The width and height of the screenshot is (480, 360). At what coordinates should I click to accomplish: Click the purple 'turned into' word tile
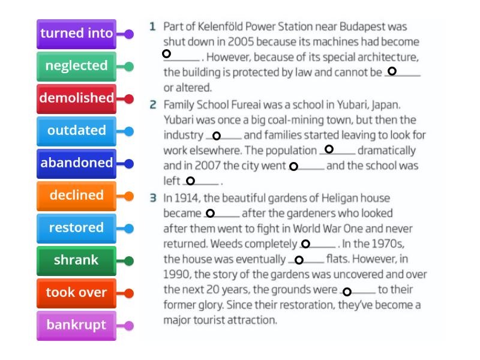pyautogui.click(x=77, y=34)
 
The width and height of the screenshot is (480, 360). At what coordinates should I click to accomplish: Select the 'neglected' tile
pyautogui.click(x=77, y=67)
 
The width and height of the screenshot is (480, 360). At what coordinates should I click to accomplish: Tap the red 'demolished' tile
pyautogui.click(x=77, y=99)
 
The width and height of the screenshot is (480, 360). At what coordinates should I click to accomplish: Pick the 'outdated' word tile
pyautogui.click(x=77, y=131)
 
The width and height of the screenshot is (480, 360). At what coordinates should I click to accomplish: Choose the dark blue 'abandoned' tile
pyautogui.click(x=77, y=164)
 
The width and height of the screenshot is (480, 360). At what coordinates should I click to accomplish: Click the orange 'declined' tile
pyautogui.click(x=77, y=196)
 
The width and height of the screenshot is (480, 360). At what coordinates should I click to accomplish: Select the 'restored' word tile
pyautogui.click(x=77, y=229)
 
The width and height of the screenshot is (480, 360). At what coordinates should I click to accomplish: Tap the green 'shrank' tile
pyautogui.click(x=77, y=261)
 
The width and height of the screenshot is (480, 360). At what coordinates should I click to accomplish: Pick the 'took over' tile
pyautogui.click(x=77, y=293)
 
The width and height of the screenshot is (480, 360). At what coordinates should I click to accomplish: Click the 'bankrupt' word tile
pyautogui.click(x=77, y=326)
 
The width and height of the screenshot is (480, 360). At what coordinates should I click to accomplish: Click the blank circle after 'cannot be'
pyautogui.click(x=392, y=71)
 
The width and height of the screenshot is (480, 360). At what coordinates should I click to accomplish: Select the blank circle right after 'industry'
pyautogui.click(x=217, y=136)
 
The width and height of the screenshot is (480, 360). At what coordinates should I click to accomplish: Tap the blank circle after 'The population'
pyautogui.click(x=329, y=149)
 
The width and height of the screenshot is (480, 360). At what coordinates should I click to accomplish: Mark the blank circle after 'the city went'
pyautogui.click(x=293, y=166)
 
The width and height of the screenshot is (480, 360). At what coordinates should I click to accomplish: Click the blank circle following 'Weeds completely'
pyautogui.click(x=305, y=244)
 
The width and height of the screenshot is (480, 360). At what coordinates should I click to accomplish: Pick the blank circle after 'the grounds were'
pyautogui.click(x=347, y=292)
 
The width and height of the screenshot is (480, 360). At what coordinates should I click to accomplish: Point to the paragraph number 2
pyautogui.click(x=153, y=104)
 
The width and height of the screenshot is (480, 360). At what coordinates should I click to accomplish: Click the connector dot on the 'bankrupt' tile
pyautogui.click(x=129, y=326)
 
